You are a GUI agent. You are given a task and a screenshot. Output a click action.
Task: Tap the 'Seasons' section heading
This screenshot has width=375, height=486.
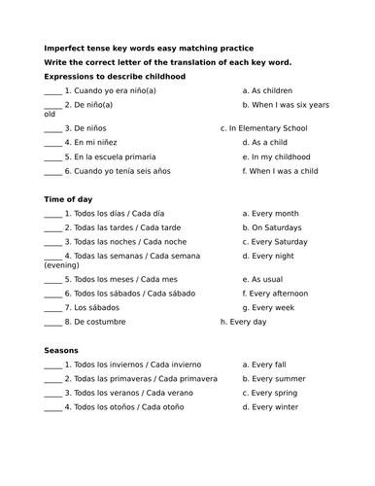[61, 350]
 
